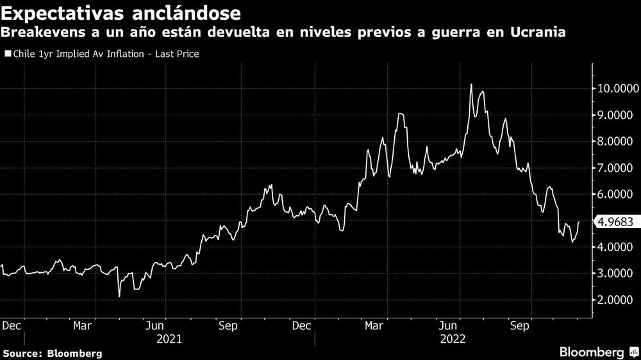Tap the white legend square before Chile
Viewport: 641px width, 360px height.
click(7, 54)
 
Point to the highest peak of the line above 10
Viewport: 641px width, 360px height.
click(471, 85)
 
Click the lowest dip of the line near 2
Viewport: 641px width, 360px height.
click(119, 296)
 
